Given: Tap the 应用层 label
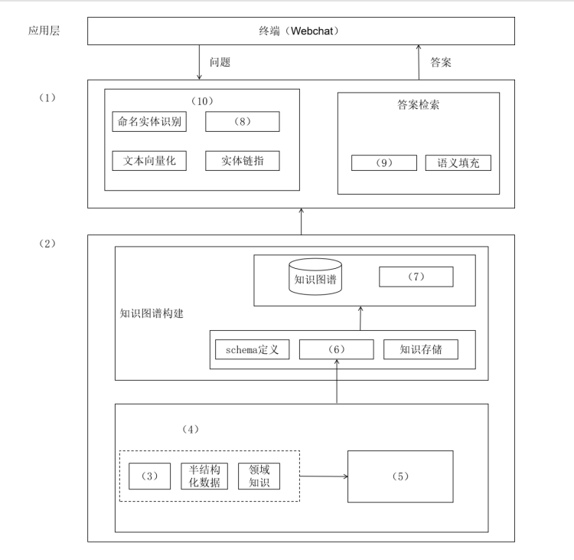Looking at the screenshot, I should pos(44,31).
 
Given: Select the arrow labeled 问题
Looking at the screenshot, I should pos(200,62).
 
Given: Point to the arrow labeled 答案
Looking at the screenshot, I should pos(419,62).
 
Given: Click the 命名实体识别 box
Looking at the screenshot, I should pos(148,122).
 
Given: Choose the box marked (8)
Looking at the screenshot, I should pos(243,122).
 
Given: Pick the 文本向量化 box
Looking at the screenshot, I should pos(148,160).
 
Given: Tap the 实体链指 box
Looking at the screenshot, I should pos(243,160).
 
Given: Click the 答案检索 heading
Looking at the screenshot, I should pos(418,105).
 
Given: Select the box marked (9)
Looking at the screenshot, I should pos(384,163).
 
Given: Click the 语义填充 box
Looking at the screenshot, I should pos(458,163).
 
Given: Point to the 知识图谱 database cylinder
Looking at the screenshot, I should pos(315,277).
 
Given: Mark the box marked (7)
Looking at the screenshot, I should pos(416,277).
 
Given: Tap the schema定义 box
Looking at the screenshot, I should pos(252,349).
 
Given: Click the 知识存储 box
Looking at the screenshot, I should pos(421,349).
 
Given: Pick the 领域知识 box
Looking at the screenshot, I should pos(259,476).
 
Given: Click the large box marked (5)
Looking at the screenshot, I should pos(401,476).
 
